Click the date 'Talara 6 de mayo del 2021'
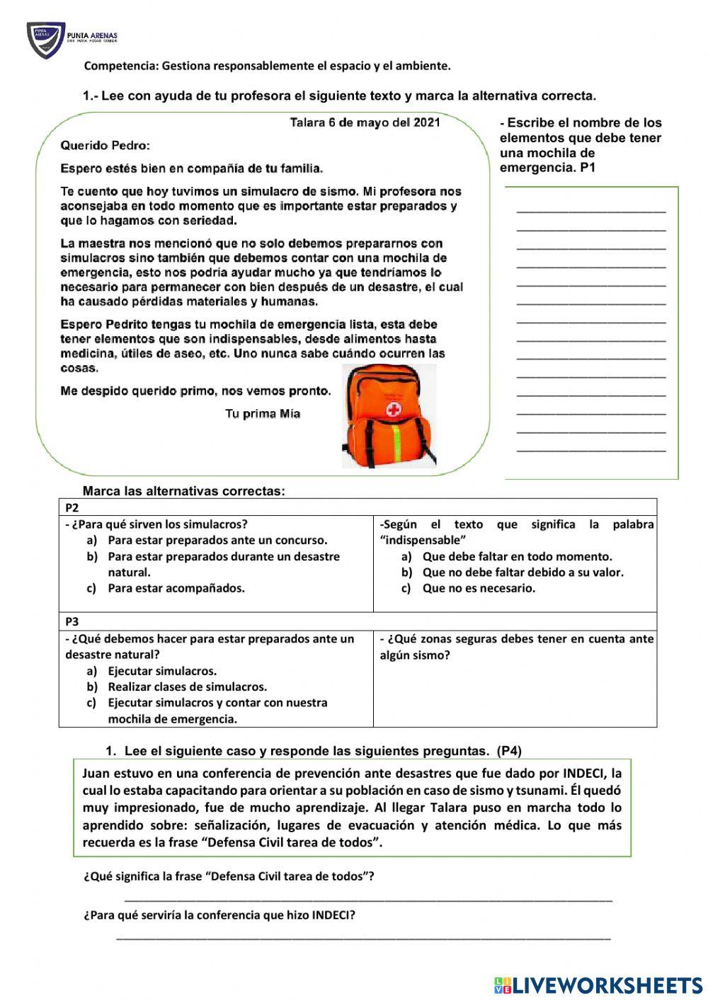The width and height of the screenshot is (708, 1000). (365, 122)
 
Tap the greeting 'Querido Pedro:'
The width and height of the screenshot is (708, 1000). (105, 146)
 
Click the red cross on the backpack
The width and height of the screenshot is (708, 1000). (393, 410)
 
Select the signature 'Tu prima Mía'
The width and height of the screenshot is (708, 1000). (263, 414)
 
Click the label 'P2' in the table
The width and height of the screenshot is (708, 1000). (72, 507)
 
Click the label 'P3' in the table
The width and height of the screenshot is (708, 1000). (72, 622)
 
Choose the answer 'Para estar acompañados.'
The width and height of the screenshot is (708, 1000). (176, 588)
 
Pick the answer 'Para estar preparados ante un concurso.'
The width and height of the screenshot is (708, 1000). (217, 540)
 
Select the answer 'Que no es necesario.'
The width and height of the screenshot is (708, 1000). (479, 588)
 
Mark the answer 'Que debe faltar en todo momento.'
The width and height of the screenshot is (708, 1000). (517, 556)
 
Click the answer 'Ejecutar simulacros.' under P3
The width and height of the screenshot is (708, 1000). (162, 671)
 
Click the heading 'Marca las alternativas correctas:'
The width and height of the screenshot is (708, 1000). (183, 491)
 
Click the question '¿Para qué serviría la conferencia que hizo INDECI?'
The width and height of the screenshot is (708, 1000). (219, 915)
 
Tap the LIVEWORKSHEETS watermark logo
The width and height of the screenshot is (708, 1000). (598, 984)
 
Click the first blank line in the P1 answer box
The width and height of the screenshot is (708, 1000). (591, 210)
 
